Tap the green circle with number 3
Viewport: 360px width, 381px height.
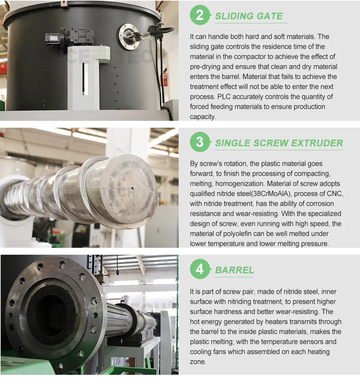[200, 142]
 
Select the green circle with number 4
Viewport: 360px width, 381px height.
[200, 269]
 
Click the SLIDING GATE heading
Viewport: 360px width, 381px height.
[249, 16]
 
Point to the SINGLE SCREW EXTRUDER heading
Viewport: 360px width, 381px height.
[279, 143]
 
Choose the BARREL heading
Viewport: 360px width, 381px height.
[234, 270]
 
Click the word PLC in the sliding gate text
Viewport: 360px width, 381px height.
[224, 97]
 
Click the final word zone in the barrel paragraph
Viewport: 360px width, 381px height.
[198, 362]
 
